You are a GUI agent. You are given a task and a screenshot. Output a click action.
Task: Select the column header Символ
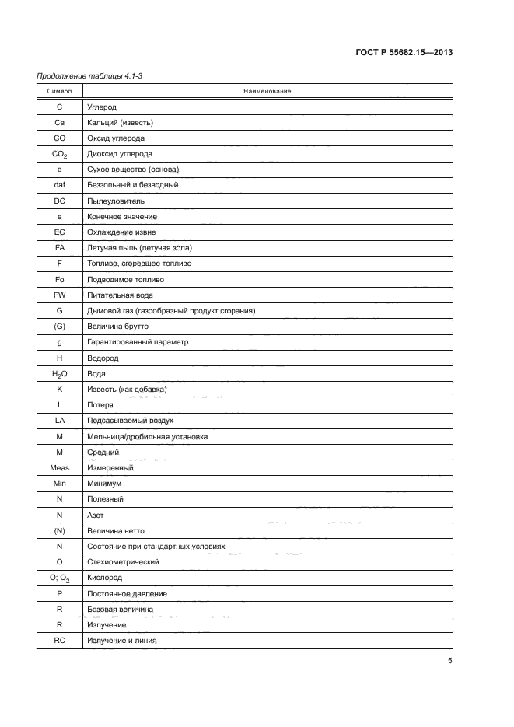pyautogui.click(x=59, y=91)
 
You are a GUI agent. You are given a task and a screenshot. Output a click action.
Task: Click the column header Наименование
pyautogui.click(x=267, y=91)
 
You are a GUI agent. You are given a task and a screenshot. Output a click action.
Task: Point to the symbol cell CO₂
pyautogui.click(x=60, y=154)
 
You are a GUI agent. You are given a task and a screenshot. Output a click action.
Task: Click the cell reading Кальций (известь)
pyautogui.click(x=120, y=122)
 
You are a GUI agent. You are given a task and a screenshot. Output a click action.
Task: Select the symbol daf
pyautogui.click(x=60, y=185)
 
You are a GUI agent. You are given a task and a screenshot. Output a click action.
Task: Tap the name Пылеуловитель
pyautogui.click(x=117, y=201)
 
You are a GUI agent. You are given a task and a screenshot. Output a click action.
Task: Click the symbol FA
pyautogui.click(x=60, y=248)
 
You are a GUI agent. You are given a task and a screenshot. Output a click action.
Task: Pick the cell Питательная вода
pyautogui.click(x=120, y=295)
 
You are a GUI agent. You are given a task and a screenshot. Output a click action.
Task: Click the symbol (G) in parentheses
pyautogui.click(x=60, y=327)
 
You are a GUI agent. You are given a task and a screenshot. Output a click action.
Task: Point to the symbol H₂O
pyautogui.click(x=60, y=374)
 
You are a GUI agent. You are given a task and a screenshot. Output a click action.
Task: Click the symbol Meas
pyautogui.click(x=60, y=468)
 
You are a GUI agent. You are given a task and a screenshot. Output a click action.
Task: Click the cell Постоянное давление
pyautogui.click(x=126, y=594)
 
